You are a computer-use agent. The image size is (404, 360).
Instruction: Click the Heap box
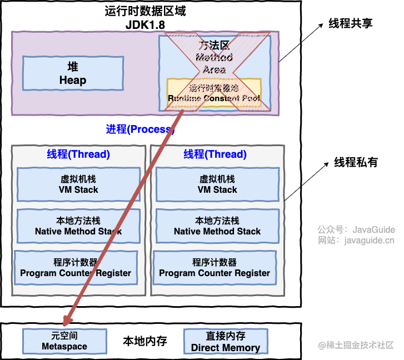tap(73, 73)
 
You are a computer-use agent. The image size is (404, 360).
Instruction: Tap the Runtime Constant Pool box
tap(214, 93)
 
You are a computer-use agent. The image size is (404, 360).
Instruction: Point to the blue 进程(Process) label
tap(140, 129)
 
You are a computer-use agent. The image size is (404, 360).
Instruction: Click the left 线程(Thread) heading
tap(78, 154)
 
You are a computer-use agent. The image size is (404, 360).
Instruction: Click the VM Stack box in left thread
tap(78, 184)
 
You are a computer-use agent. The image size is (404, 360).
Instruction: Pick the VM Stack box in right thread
tap(217, 184)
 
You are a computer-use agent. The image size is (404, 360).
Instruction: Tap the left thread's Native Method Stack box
tap(78, 226)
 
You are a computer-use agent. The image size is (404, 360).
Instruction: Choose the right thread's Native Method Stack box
tap(217, 226)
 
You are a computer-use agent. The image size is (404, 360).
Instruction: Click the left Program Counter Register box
tap(76, 268)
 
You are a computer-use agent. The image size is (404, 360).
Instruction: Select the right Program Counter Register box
tap(215, 268)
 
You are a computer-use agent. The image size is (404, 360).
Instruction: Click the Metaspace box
tap(64, 341)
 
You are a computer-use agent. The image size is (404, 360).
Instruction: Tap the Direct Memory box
tap(226, 342)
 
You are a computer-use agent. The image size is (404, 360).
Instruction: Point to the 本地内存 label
tap(145, 341)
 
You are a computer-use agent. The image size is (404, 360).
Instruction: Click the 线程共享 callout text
tap(350, 23)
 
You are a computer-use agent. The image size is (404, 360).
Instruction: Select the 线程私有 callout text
tap(356, 162)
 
